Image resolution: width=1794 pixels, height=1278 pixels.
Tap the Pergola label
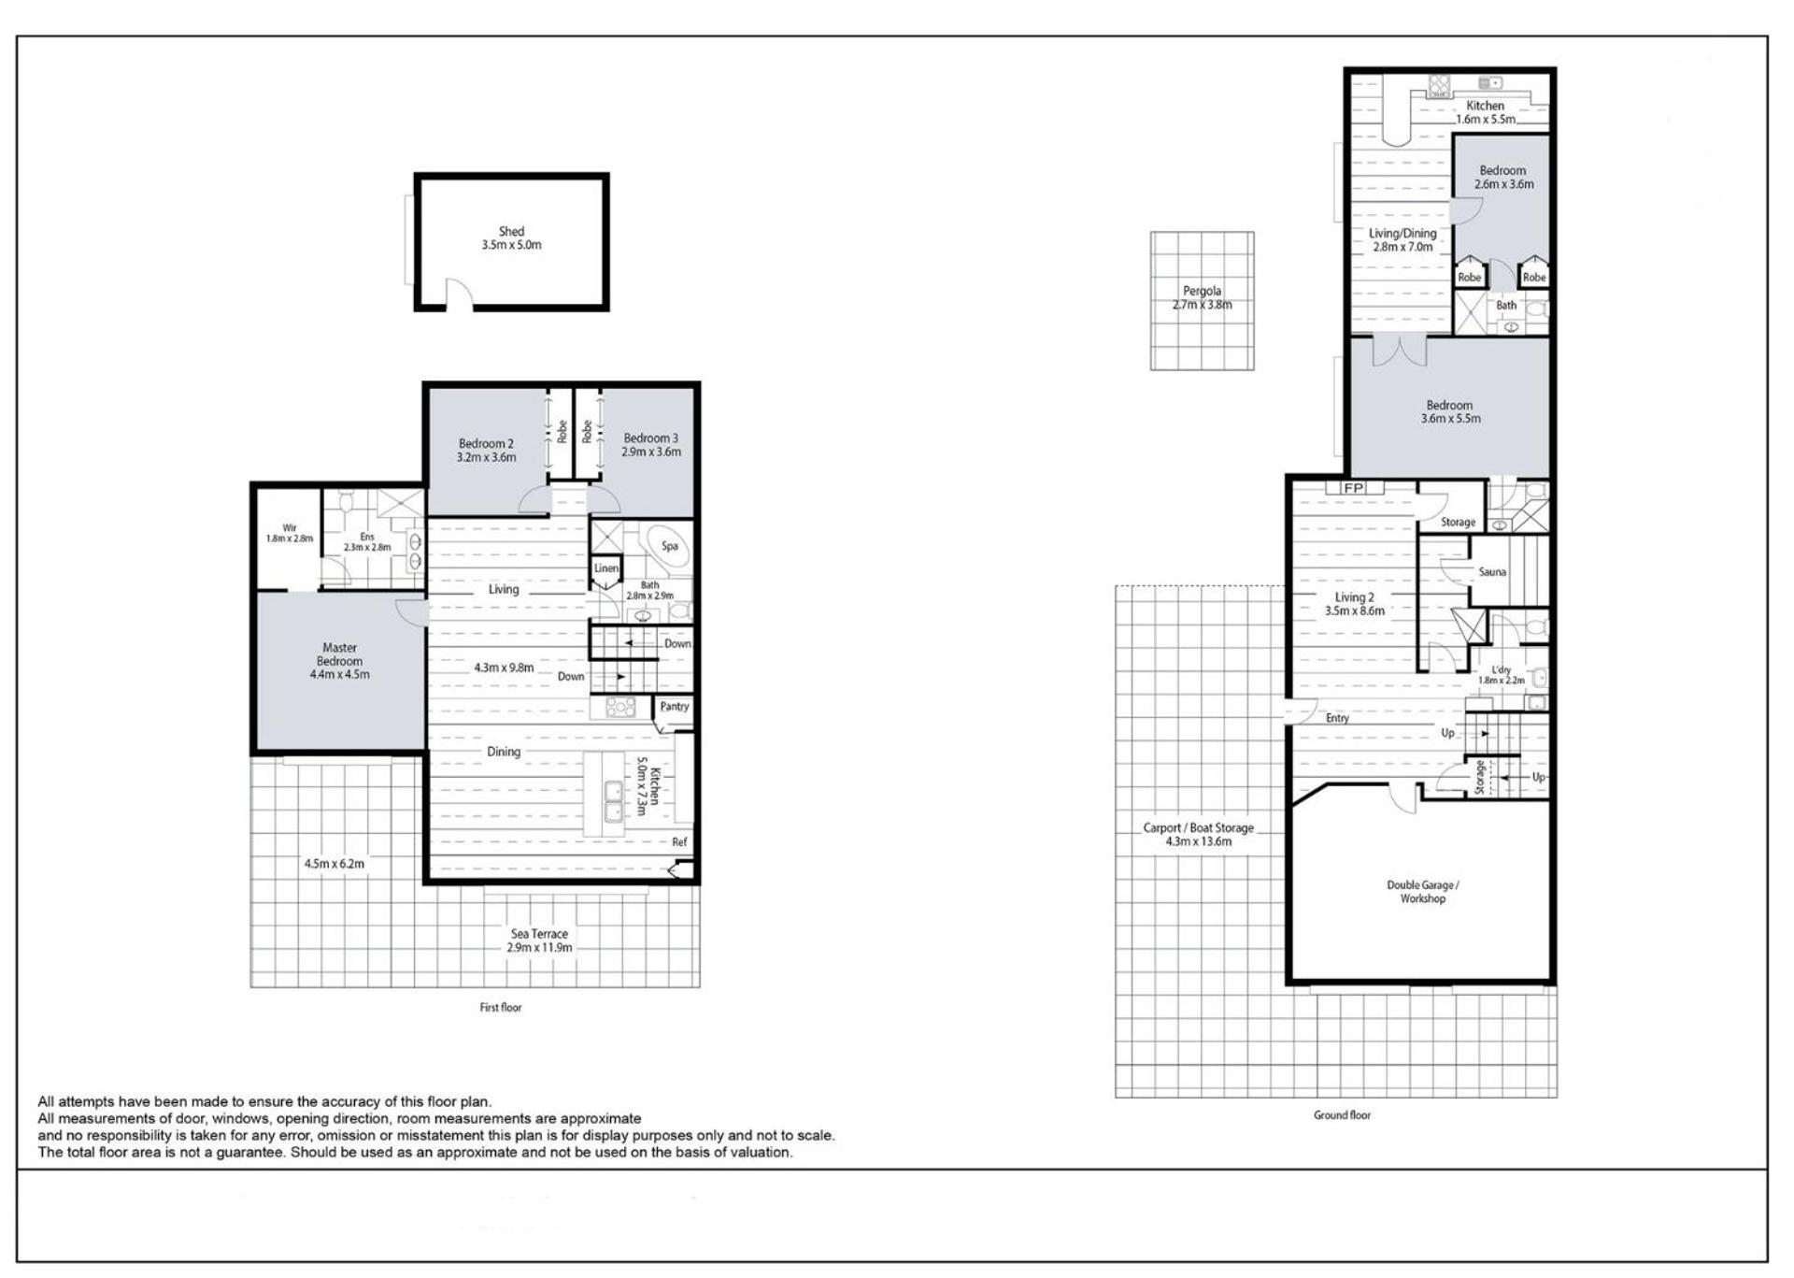[1202, 291]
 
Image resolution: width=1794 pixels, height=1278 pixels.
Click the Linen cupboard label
[605, 568]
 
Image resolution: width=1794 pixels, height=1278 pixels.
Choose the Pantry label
[674, 707]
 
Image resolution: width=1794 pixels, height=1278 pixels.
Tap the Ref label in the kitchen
[679, 842]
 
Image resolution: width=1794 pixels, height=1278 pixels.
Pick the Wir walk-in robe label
[290, 528]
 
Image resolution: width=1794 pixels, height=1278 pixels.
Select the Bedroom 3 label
[651, 438]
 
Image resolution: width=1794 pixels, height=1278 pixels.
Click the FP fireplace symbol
[1353, 488]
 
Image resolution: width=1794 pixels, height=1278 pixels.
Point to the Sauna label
[1492, 572]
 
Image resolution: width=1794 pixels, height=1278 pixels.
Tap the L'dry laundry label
[1502, 669]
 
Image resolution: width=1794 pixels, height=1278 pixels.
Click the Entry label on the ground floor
[1337, 718]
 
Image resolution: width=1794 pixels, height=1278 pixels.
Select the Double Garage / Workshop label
[1422, 892]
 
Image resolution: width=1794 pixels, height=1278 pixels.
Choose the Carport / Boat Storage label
[1198, 828]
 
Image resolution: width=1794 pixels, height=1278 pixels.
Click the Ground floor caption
[1342, 1115]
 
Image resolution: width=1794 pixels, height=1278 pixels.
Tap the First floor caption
[501, 1008]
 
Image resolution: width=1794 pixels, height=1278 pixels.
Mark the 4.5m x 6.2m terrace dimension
[334, 864]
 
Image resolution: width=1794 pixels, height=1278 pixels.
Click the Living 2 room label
[1354, 597]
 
